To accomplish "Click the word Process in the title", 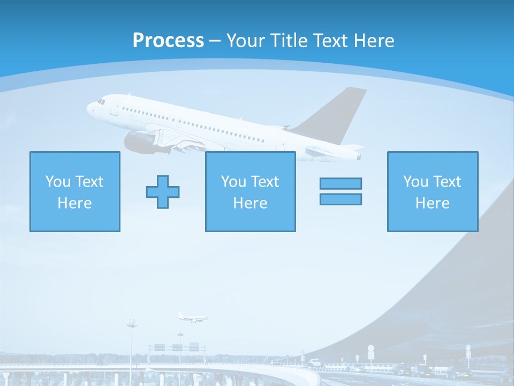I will [168, 41].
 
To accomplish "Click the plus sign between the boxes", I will [163, 191].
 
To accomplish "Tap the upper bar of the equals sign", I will [341, 183].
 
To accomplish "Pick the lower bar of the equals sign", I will [341, 199].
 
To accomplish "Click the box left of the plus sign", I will [75, 191].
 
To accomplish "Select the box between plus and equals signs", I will [250, 191].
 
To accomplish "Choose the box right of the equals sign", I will [433, 191].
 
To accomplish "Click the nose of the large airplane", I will [89, 109].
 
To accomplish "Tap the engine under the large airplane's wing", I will [138, 142].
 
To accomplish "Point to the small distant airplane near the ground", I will [192, 318].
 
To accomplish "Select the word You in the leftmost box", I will [57, 182].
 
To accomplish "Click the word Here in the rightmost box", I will [433, 203].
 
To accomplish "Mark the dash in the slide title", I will [215, 41].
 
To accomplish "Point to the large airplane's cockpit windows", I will [101, 101].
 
